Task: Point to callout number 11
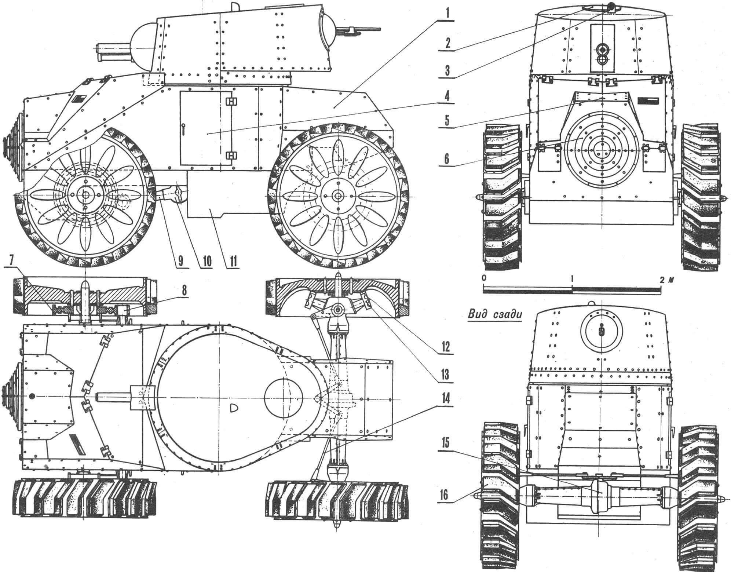tap(233, 261)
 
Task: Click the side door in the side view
tap(206, 128)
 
